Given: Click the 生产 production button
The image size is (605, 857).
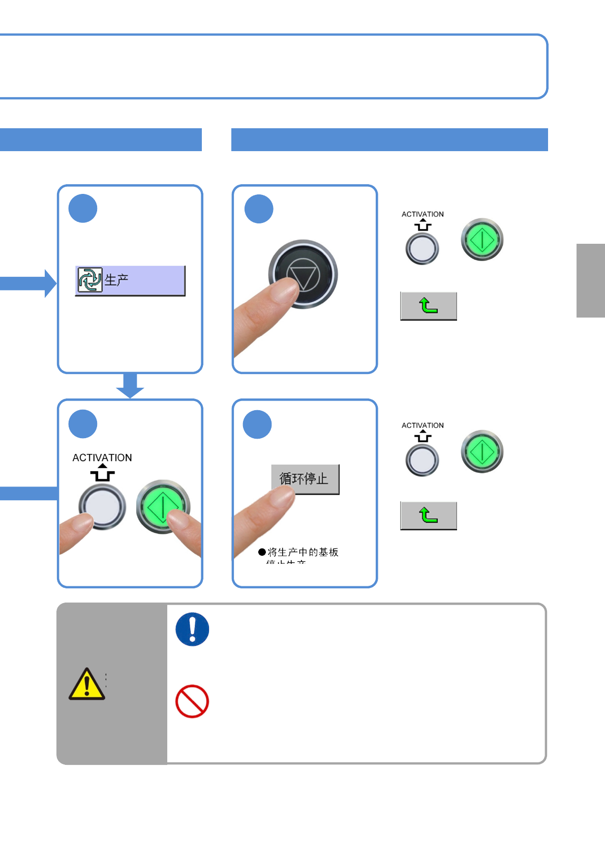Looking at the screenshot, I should click(x=130, y=280).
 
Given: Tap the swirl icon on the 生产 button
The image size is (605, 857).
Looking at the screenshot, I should click(x=90, y=280).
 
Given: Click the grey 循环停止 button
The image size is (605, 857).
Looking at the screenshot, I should click(x=305, y=479).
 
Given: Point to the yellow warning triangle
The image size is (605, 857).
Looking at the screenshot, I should click(x=87, y=684).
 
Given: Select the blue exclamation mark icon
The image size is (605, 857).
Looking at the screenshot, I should click(x=192, y=630).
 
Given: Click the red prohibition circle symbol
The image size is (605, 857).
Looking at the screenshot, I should click(x=192, y=701).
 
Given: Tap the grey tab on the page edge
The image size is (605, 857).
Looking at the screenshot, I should click(x=590, y=280).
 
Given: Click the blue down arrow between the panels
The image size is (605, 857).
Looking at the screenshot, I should click(x=130, y=385).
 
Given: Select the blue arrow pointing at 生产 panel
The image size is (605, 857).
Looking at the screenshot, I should click(x=28, y=283).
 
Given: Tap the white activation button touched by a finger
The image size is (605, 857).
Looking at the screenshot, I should click(x=102, y=506).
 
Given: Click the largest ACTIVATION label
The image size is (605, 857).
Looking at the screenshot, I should click(x=102, y=458).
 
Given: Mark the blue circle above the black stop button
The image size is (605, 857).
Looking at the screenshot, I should click(x=259, y=209).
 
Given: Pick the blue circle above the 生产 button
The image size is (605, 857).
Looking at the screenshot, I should click(x=83, y=209).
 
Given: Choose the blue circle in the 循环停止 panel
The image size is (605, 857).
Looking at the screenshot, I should click(x=257, y=424).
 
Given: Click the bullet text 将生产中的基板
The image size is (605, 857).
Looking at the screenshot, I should click(x=303, y=552).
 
